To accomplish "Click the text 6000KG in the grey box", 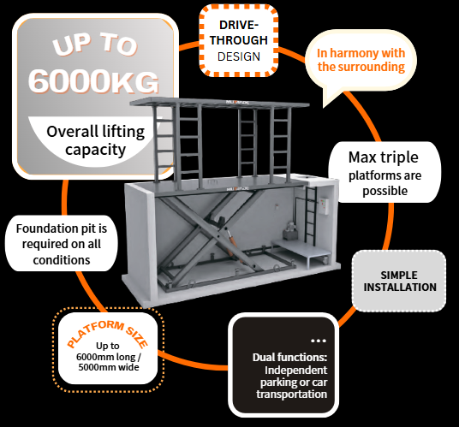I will pos(94,80).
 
